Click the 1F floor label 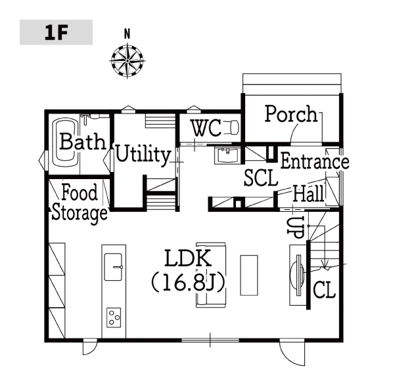pos(56,33)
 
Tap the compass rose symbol pos(127,61)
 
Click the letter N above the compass pos(127,33)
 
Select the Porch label pos(291,114)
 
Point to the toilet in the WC pos(231,127)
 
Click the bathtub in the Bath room pos(66,143)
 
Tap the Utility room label pos(143,154)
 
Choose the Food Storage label pos(80,203)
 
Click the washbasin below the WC pos(227,155)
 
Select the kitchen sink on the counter pos(114,266)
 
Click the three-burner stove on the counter pos(114,318)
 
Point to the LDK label pos(188,258)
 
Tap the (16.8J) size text pos(188,283)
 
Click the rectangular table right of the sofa pos(249,275)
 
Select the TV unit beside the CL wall pos(298,275)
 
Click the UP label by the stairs pos(296,227)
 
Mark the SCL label pos(261,178)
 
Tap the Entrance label pos(315,161)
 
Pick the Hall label pos(308,194)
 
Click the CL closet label pos(325,289)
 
